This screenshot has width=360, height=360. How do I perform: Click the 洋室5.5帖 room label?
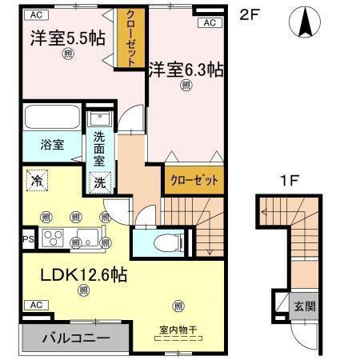[68, 38]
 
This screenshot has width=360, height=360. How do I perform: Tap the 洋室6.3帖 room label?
[185, 70]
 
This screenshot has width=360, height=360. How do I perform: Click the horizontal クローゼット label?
[194, 180]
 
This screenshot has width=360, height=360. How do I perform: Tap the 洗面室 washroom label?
[100, 149]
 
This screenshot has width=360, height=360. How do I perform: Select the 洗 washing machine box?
[99, 183]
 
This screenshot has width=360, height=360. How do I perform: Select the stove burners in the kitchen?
[54, 238]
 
